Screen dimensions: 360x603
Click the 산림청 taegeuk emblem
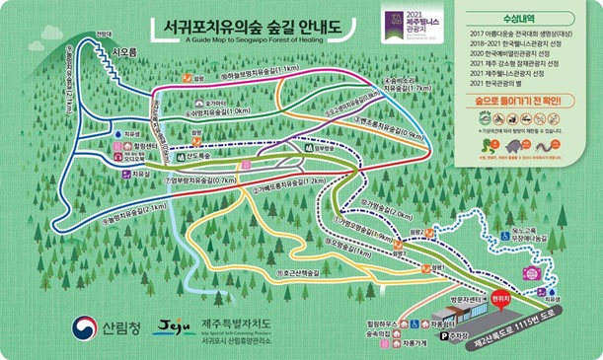[80, 326]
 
